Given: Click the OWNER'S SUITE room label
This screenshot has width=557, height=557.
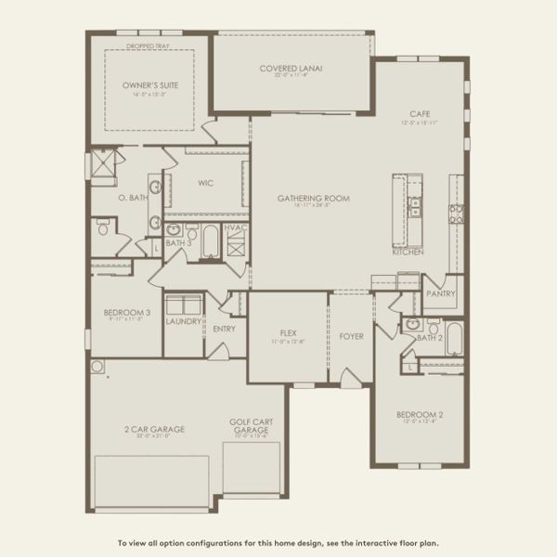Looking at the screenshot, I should pyautogui.click(x=149, y=84).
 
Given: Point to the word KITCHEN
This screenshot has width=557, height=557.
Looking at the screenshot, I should pyautogui.click(x=408, y=253).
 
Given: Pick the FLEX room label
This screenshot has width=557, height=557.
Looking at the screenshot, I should pyautogui.click(x=288, y=333).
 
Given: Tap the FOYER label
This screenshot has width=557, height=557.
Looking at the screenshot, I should pyautogui.click(x=351, y=335).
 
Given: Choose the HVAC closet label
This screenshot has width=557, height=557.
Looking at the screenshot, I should pyautogui.click(x=236, y=227).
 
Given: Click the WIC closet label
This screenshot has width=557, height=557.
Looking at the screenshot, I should pyautogui.click(x=205, y=183).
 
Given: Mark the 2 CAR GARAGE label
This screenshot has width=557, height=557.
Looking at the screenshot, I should pyautogui.click(x=154, y=429).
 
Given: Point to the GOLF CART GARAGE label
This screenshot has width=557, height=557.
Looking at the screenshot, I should pyautogui.click(x=250, y=426).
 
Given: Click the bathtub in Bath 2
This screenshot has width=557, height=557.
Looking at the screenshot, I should pyautogui.click(x=454, y=337).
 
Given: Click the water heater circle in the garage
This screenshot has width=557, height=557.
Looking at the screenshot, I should pyautogui.click(x=97, y=366).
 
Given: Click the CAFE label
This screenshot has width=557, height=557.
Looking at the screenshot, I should pyautogui.click(x=418, y=115).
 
